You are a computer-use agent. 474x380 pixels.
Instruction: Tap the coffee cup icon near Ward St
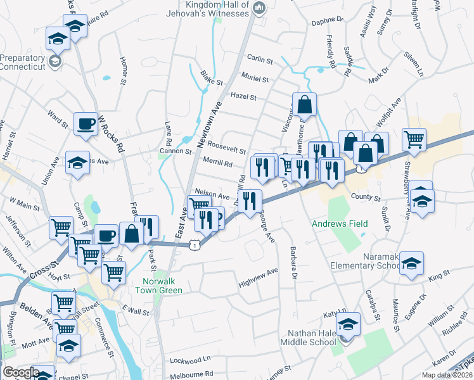click(x=86, y=124)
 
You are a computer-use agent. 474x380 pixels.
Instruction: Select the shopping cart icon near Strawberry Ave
click(x=414, y=139)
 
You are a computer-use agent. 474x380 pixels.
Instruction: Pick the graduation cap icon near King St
click(x=411, y=263)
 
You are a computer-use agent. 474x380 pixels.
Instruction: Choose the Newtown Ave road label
click(x=213, y=123)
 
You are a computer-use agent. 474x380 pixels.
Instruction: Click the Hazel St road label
click(x=243, y=98)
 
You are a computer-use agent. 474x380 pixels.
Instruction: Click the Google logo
click(x=20, y=372)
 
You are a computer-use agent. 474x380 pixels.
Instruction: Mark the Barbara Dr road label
click(x=293, y=262)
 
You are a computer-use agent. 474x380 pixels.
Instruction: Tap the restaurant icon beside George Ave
click(x=252, y=201)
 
